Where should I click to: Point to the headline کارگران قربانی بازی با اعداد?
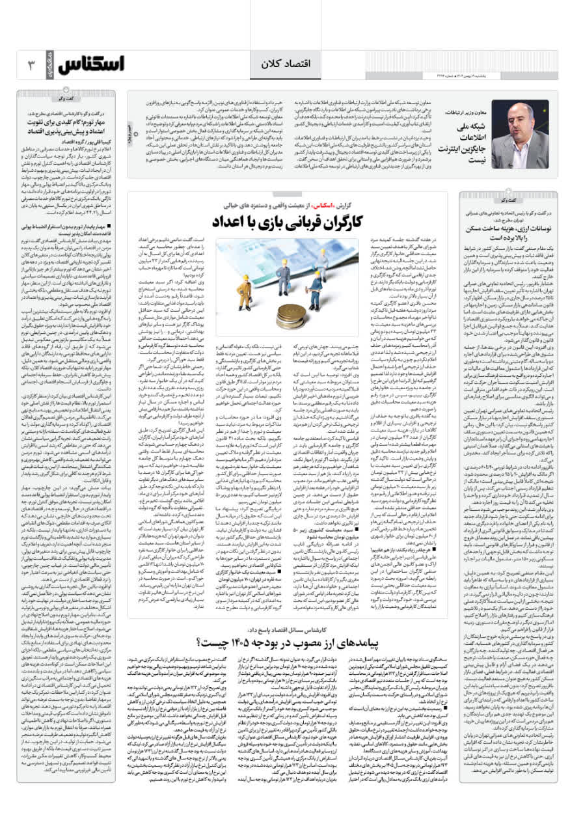click(287, 222)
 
